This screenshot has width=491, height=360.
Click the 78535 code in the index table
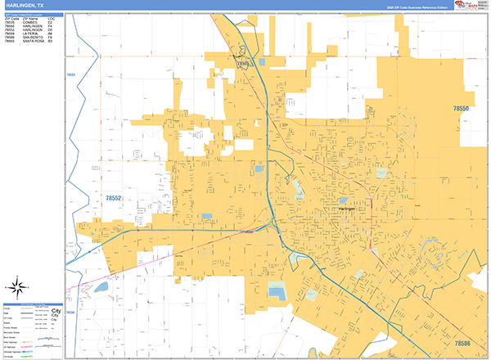coord(10,22)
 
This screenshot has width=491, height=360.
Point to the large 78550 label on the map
coord(462,108)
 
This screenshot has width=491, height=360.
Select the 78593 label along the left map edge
coord(70,75)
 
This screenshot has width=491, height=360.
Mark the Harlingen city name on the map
coord(349,209)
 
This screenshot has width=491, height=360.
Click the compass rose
coord(16,286)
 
